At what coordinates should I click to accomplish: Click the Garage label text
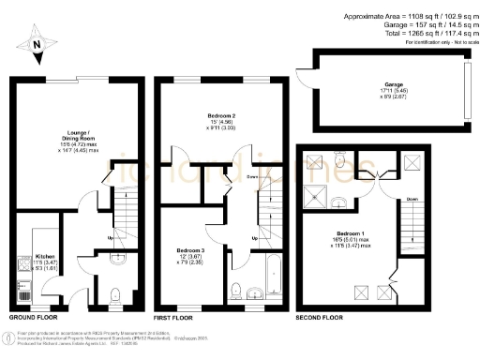point(381,83)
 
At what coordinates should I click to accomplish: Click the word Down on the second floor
point(412,199)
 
